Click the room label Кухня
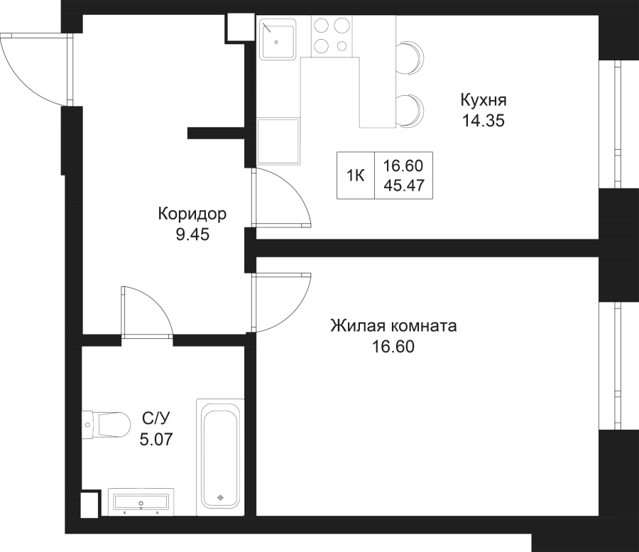(484, 100)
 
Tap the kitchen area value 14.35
(484, 121)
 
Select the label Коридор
(192, 214)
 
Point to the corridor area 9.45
(192, 234)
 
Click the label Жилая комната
(393, 326)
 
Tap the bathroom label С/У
(156, 418)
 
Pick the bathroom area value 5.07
(156, 439)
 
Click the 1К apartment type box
(356, 175)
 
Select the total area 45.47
(404, 185)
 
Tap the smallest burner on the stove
(342, 46)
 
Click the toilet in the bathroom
(106, 424)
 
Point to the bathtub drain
(221, 497)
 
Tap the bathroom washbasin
(141, 501)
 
